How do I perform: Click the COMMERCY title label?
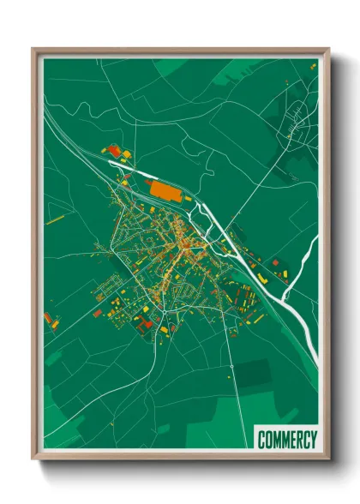[287, 439]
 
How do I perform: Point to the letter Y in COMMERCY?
[313, 439]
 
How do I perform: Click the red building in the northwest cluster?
[113, 152]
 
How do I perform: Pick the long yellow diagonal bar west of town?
[56, 219]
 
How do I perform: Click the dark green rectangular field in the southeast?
[252, 372]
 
